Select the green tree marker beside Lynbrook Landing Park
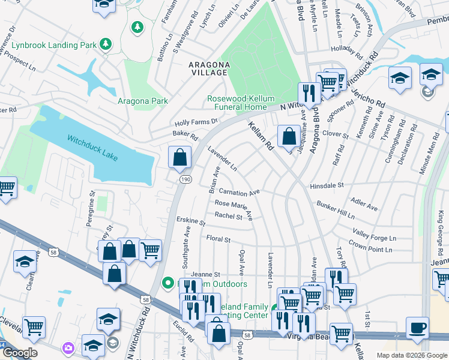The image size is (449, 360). [106, 44]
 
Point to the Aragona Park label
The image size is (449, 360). [143, 101]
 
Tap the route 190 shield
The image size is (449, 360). [184, 179]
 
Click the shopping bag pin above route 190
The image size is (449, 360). [179, 158]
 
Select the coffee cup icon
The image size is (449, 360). [418, 328]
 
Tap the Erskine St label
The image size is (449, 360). [191, 221]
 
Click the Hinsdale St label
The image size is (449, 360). [326, 187]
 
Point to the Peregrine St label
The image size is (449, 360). [92, 204]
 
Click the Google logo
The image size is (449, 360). [19, 353]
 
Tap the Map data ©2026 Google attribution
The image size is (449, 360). [411, 355]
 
